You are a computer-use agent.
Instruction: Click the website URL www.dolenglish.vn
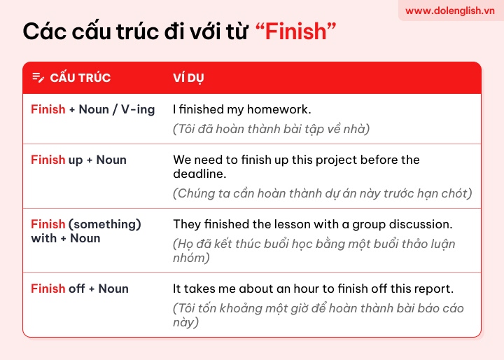pos(449,11)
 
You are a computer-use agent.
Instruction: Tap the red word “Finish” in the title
pos(295,32)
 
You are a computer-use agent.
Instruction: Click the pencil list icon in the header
pos(38,78)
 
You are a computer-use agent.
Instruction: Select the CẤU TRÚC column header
pos(80,78)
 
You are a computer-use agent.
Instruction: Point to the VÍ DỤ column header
pos(188,78)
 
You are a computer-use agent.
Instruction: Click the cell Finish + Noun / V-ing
pos(93,109)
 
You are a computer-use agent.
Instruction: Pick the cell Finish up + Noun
pos(78,160)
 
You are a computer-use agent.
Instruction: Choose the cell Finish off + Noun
pos(80,289)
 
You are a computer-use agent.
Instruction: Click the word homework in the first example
pos(279,109)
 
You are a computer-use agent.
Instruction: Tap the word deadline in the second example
pos(199,174)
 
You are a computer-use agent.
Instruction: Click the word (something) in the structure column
pos(105,224)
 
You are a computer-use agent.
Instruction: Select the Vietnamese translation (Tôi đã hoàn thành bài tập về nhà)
pos(272,129)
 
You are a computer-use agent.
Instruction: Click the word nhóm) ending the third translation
pos(191,258)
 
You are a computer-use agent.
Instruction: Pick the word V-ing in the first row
pos(138,110)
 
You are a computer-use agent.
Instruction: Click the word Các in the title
pos(45,32)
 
